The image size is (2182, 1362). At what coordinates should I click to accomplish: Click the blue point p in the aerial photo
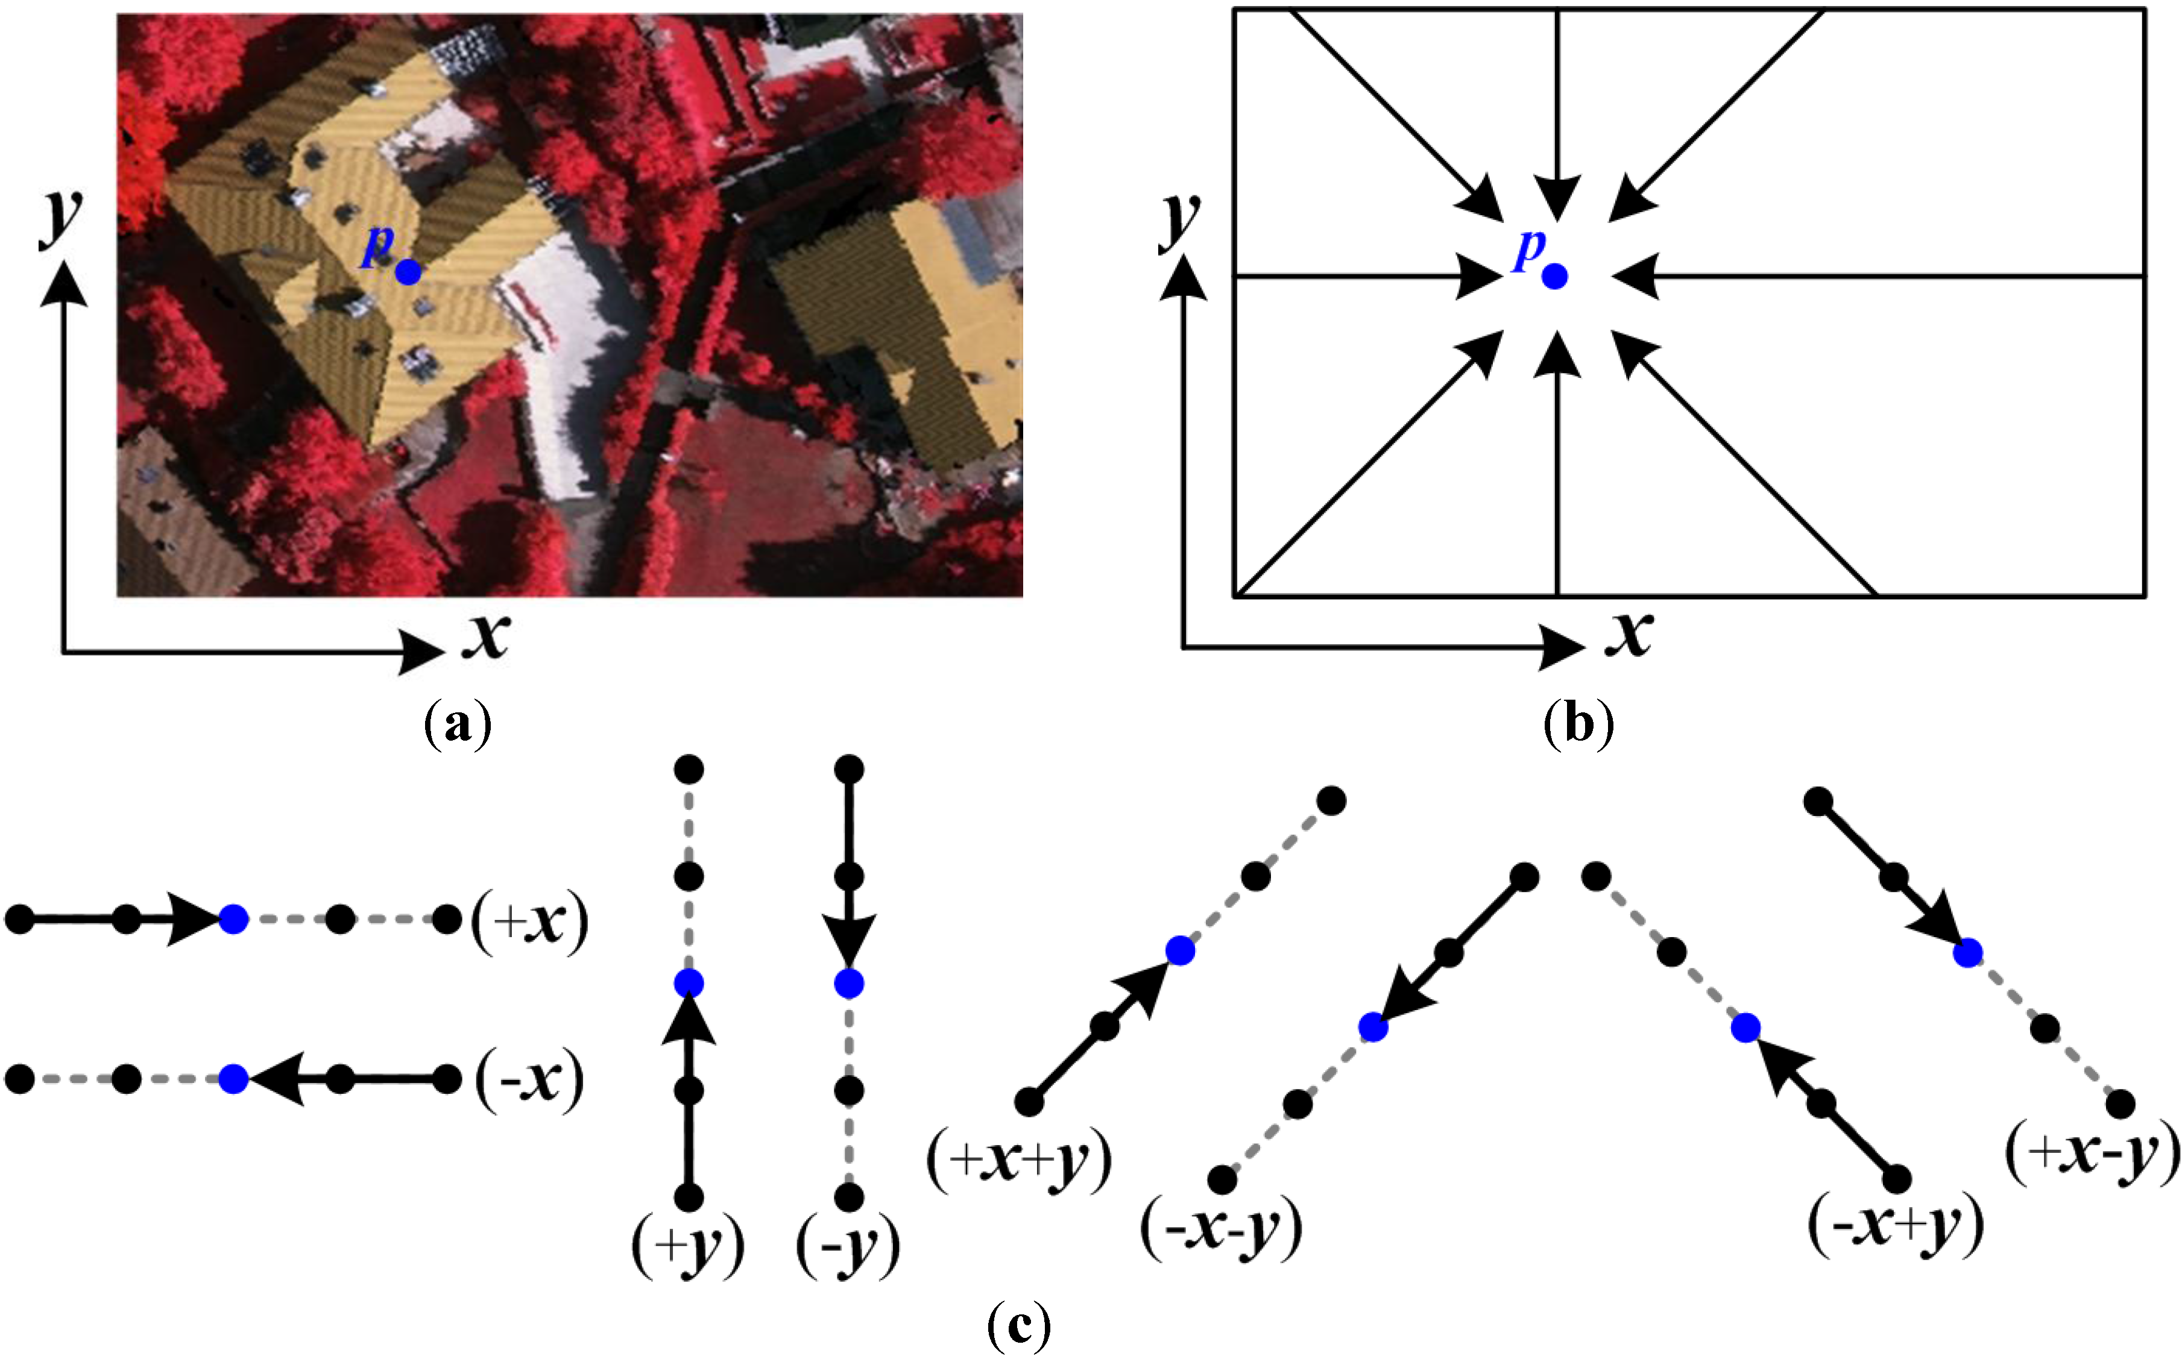pyautogui.click(x=408, y=271)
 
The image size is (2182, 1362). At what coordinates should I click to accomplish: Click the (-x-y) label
pyautogui.click(x=1221, y=1229)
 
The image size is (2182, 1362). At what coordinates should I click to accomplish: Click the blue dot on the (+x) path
pyautogui.click(x=233, y=920)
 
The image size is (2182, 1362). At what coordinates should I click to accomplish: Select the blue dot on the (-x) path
pyautogui.click(x=233, y=1078)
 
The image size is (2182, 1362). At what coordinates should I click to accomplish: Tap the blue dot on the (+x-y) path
pyautogui.click(x=1967, y=952)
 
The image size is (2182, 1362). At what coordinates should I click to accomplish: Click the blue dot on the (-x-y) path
pyautogui.click(x=1372, y=1027)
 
